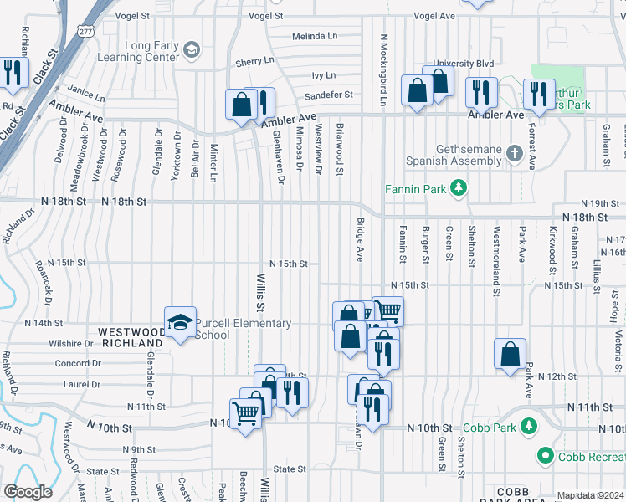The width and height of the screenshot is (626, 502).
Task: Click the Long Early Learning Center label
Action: (x=151, y=51)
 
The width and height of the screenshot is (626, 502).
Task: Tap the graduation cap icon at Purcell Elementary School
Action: (x=179, y=323)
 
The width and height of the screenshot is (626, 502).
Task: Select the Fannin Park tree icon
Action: (x=458, y=188)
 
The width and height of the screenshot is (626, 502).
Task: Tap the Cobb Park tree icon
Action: (x=528, y=428)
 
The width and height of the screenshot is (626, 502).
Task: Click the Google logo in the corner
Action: (x=28, y=492)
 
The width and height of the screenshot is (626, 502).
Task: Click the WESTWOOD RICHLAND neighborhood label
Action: (x=130, y=337)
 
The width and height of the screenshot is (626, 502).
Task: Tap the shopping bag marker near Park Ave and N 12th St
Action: (x=510, y=355)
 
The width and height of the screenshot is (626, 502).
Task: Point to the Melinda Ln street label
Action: (x=314, y=37)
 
